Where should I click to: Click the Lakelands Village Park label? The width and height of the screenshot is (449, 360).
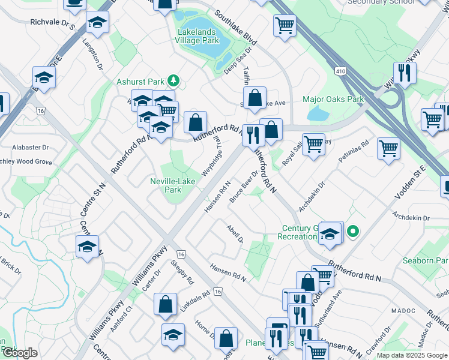click(x=196, y=35)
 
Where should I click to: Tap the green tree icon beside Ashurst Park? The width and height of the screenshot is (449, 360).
click(x=173, y=80)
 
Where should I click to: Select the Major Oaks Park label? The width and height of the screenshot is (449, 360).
click(x=333, y=99)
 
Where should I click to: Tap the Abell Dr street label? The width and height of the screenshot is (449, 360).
click(x=235, y=234)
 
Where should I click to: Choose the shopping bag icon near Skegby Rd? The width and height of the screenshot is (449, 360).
click(x=165, y=304)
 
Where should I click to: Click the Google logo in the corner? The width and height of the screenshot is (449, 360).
click(x=20, y=353)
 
